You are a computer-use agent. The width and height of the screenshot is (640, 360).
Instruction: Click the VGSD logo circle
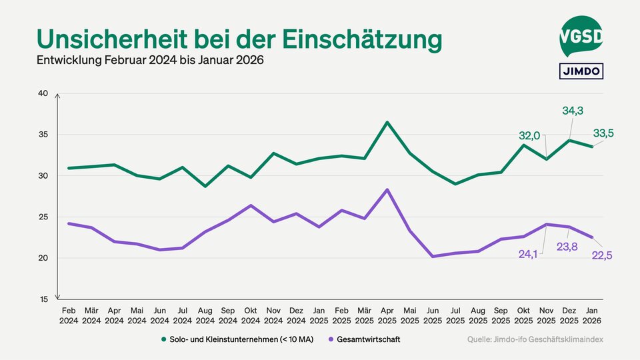click(581, 37)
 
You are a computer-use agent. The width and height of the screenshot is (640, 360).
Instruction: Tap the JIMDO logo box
click(581, 71)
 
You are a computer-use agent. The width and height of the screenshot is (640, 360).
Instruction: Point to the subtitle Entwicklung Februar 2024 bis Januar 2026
click(150, 61)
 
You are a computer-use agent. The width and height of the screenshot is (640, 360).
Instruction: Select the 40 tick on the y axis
click(43, 93)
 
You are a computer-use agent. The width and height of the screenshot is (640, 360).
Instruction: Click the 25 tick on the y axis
click(43, 217)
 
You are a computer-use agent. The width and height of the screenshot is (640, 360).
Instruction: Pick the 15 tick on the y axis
click(43, 299)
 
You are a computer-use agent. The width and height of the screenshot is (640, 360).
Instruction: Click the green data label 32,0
click(530, 135)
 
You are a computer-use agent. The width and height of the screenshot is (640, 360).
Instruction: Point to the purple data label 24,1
click(531, 253)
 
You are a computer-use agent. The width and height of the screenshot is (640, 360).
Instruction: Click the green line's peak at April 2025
click(387, 122)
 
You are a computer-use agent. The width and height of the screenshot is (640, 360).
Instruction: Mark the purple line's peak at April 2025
click(387, 189)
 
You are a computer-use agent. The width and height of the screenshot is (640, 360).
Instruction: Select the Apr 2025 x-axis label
click(387, 315)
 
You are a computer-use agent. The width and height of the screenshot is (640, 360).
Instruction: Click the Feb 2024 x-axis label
click(69, 315)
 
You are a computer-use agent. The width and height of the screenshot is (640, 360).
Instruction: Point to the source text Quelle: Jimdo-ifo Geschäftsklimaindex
click(535, 339)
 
